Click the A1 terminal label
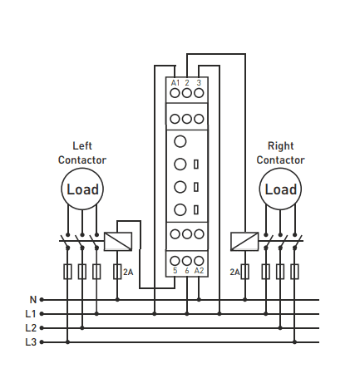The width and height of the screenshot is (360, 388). (175, 83)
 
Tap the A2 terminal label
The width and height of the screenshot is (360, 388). (199, 271)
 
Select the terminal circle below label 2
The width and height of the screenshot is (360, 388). (187, 93)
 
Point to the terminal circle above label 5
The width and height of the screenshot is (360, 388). (175, 261)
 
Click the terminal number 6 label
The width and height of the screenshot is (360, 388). (187, 271)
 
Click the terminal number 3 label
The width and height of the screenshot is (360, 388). (199, 83)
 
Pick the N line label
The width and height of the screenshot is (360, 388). (33, 299)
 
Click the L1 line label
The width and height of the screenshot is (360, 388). (31, 314)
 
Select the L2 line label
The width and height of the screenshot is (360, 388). (31, 328)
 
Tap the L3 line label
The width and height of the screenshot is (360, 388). (31, 342)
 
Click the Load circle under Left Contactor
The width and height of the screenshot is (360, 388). (82, 189)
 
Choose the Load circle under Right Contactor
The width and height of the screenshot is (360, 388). (280, 189)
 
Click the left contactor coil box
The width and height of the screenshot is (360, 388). (118, 242)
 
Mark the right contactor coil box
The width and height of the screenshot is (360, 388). (244, 242)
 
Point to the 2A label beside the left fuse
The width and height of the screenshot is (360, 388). (128, 273)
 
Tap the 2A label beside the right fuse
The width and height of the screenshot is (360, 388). (234, 273)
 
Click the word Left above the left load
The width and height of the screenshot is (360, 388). (82, 145)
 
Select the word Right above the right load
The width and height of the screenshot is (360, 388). (280, 145)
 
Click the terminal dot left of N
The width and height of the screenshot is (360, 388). (42, 300)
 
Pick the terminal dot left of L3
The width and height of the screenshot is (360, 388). (42, 342)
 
